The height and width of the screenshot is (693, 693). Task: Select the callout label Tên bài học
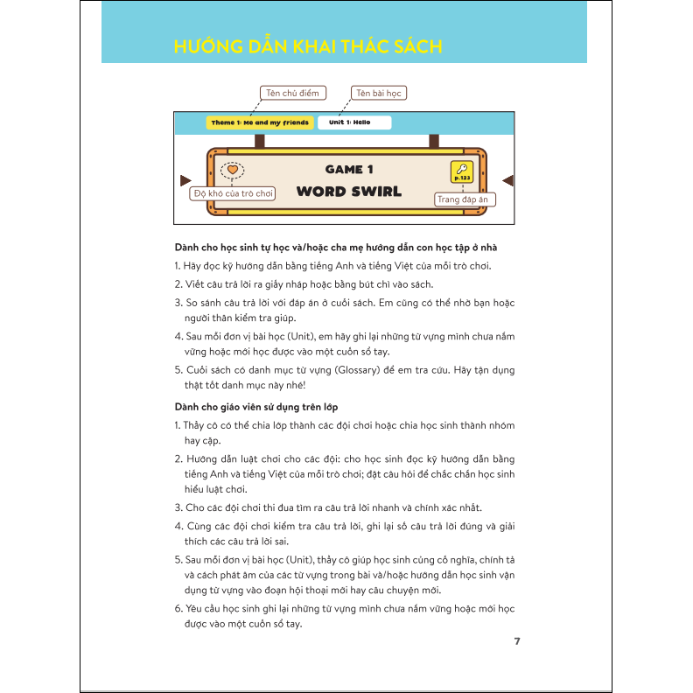point(379,93)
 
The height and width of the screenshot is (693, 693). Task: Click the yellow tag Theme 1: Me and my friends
point(259,122)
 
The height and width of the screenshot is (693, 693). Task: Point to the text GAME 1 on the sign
point(349,169)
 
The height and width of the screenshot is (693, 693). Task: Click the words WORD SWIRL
point(349,192)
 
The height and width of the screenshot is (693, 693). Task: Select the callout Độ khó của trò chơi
point(234,192)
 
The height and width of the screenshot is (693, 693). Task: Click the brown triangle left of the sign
point(185,180)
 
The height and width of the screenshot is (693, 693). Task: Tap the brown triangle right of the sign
point(508,180)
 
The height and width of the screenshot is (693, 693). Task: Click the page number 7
point(517,641)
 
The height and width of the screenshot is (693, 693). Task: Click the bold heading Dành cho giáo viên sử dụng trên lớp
point(255,407)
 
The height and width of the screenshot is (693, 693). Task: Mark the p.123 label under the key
point(461,178)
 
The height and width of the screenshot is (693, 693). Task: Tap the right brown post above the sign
point(434,141)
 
